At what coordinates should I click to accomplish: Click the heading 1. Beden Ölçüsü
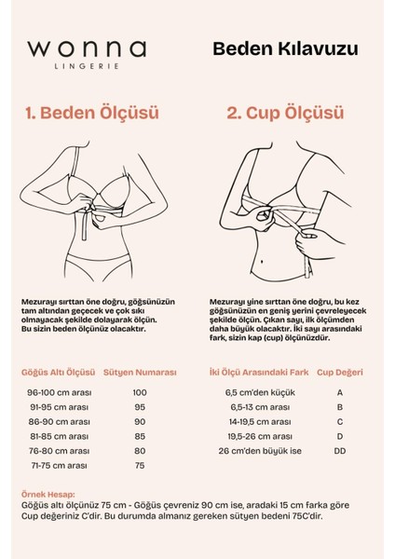93,114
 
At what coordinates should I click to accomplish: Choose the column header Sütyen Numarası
140,371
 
